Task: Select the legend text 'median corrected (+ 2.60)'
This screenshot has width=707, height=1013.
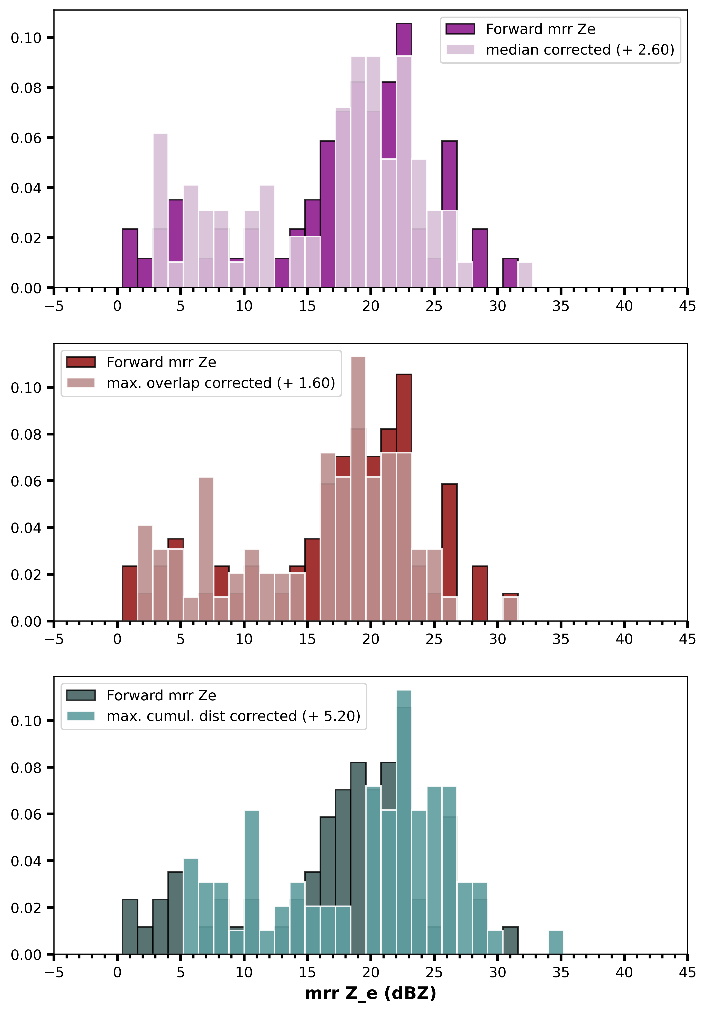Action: point(580,50)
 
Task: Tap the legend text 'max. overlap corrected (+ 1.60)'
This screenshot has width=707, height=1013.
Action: point(221,383)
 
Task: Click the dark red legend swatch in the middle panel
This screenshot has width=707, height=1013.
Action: point(81,362)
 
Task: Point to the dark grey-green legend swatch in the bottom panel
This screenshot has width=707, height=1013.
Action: point(81,695)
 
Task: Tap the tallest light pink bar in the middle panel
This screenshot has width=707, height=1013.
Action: point(358,485)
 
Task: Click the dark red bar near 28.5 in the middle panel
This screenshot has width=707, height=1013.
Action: point(480,593)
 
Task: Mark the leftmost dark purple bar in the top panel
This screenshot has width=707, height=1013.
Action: point(130,258)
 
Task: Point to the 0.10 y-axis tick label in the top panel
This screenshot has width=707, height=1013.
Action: point(26,38)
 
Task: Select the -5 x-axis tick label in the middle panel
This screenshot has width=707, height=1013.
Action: point(54,639)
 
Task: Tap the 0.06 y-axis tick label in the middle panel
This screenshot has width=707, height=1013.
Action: point(26,481)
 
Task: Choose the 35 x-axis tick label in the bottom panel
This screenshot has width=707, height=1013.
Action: point(560,972)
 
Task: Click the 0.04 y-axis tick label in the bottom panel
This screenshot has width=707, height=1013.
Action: point(26,861)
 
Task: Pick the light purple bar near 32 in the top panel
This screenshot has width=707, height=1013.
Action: point(525,275)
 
